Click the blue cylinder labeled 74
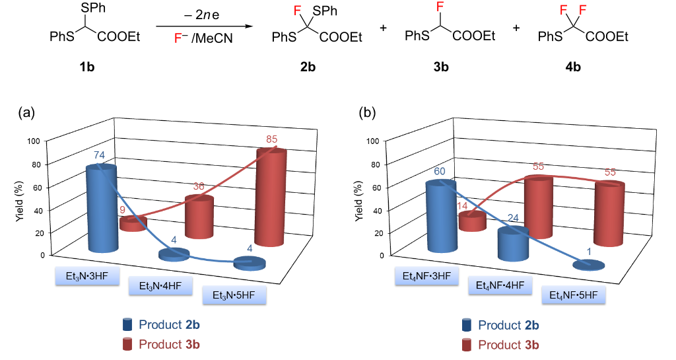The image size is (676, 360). point(102,208)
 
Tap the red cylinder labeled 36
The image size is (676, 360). point(199,217)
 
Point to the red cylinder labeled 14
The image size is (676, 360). point(472,222)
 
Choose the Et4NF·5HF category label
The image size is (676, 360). point(573,294)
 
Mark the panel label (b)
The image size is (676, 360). point(366,113)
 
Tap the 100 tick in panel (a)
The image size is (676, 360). point(35,141)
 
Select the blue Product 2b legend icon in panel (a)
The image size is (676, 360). point(127,324)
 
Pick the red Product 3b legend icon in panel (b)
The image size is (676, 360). point(467,344)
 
